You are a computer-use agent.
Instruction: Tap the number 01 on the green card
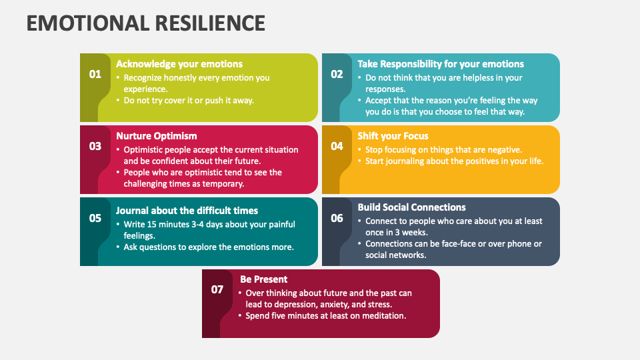95,74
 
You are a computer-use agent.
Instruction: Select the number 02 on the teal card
337,74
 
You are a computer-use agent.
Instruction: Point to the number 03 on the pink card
95,146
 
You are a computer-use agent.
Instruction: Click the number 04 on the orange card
337,146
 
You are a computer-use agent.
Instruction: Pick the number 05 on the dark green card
95,218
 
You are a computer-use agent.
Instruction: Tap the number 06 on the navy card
337,218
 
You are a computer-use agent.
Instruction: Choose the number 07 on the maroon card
217,289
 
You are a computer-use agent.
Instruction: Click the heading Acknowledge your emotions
179,64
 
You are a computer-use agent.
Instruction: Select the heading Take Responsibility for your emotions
441,64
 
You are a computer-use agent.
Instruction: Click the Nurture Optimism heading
157,136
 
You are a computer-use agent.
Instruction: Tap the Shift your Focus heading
393,136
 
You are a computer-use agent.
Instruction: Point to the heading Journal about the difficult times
187,211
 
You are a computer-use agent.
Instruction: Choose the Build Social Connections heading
411,207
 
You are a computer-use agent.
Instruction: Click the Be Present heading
264,279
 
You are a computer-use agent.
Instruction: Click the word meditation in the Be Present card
382,315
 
